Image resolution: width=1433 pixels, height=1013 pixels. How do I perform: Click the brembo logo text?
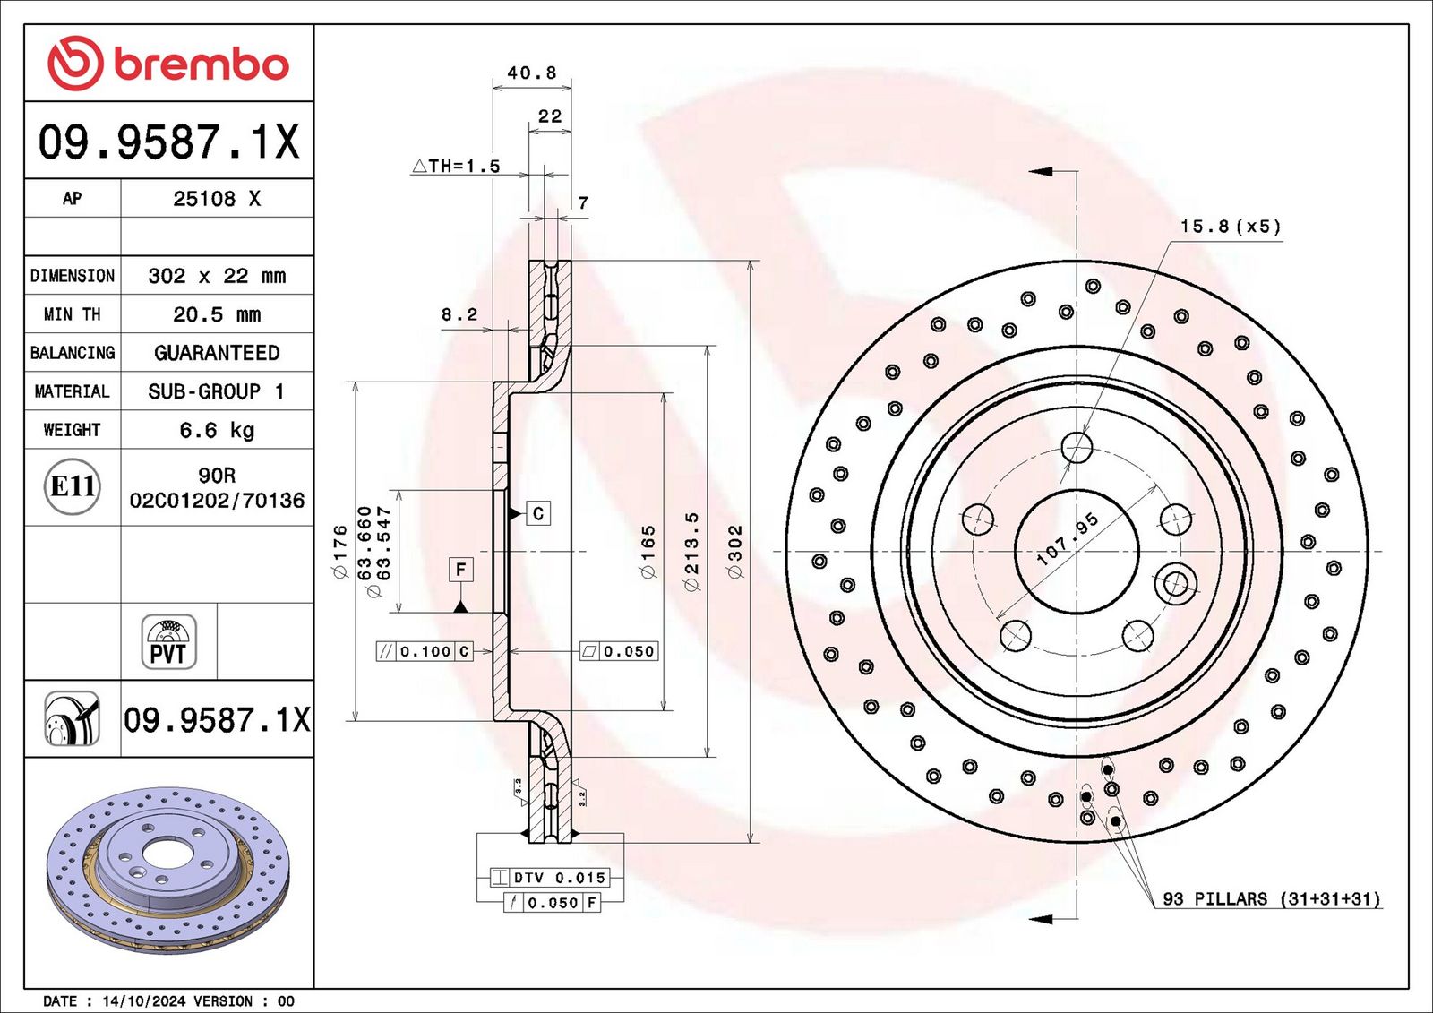click(201, 64)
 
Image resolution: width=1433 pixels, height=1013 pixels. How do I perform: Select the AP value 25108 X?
click(217, 198)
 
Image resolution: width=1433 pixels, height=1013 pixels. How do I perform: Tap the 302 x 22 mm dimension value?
click(217, 276)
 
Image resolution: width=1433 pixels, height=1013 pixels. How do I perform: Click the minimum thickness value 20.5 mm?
click(217, 314)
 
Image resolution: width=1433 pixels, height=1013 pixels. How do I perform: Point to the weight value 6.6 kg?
click(217, 430)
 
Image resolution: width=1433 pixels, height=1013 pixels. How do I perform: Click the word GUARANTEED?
click(217, 353)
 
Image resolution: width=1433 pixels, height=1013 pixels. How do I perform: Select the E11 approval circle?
click(73, 487)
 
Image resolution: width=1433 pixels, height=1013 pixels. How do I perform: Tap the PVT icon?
click(169, 642)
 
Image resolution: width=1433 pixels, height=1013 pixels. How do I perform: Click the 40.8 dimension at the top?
click(532, 73)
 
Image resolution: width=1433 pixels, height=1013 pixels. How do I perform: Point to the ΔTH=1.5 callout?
click(456, 167)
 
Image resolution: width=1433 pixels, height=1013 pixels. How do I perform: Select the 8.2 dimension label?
click(459, 314)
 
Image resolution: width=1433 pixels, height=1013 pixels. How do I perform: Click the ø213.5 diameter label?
click(692, 551)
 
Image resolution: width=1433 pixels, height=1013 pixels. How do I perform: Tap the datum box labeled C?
click(538, 513)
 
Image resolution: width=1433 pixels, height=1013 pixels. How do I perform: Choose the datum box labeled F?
click(461, 569)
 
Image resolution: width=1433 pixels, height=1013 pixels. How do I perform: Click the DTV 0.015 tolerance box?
click(549, 878)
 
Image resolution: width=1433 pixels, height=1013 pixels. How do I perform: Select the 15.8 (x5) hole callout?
click(1231, 227)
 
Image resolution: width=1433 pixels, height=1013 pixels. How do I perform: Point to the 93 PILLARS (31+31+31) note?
click(1271, 899)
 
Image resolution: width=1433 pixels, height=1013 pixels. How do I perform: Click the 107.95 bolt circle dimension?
click(1067, 539)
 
